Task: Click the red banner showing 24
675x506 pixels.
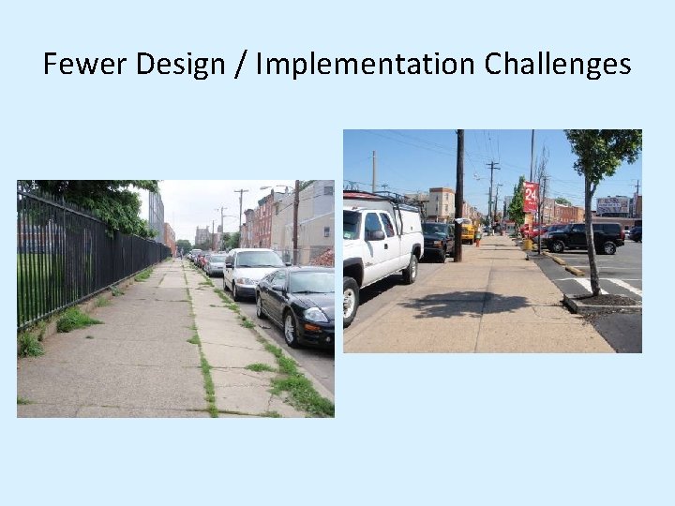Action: [531, 197]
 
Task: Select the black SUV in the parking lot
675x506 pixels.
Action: [586, 237]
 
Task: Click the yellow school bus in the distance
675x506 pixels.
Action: [466, 230]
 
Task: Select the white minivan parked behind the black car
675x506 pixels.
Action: [251, 270]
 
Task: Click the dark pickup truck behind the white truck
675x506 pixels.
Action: [438, 240]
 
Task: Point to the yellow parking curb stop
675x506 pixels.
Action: [574, 270]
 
